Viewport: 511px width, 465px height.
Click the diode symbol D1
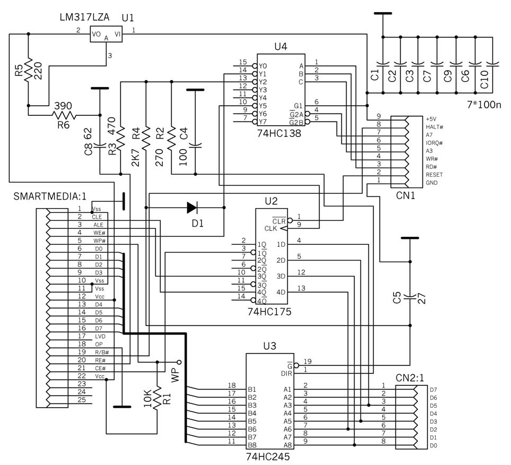(x=192, y=208)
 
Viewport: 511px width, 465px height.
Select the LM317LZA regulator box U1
(x=106, y=34)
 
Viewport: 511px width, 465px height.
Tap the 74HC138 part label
(x=279, y=133)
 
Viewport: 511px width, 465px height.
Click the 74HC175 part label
(x=269, y=312)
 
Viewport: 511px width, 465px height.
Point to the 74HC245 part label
(x=268, y=457)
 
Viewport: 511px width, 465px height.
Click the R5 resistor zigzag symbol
(x=28, y=70)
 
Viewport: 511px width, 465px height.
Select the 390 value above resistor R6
(x=63, y=106)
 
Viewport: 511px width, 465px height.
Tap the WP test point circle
(x=179, y=362)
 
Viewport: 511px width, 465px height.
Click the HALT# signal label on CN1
(x=435, y=127)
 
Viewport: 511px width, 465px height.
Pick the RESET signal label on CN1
(x=434, y=175)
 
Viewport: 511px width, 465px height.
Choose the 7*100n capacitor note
(x=484, y=105)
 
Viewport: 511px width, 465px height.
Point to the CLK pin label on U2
(x=270, y=228)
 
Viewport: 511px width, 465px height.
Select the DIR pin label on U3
(x=286, y=373)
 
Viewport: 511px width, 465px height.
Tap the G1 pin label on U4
(x=298, y=106)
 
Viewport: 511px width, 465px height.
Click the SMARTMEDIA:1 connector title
(x=50, y=196)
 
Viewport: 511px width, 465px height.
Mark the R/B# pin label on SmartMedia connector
(x=102, y=352)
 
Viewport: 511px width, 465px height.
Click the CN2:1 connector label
(x=410, y=378)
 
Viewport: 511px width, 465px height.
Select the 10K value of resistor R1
(x=147, y=398)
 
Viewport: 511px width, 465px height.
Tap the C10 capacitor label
(x=484, y=79)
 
